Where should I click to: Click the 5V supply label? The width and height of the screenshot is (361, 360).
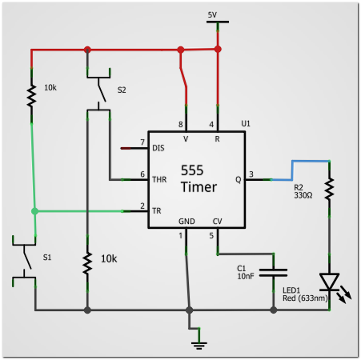pyautogui.click(x=212, y=15)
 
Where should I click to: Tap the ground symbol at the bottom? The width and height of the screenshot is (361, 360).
pyautogui.click(x=199, y=346)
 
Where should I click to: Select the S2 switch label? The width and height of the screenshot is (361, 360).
pyautogui.click(x=122, y=90)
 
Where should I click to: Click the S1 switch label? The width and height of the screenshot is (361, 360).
pyautogui.click(x=47, y=258)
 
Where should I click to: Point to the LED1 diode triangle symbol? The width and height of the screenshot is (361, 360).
pyautogui.click(x=329, y=282)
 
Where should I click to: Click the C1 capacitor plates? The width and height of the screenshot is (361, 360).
pyautogui.click(x=273, y=273)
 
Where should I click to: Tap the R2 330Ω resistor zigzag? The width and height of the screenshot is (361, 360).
pyautogui.click(x=329, y=189)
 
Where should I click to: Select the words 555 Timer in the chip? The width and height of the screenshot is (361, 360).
pyautogui.click(x=199, y=178)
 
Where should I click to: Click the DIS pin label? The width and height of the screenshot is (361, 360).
pyautogui.click(x=158, y=148)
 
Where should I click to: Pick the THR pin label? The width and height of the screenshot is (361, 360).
pyautogui.click(x=159, y=179)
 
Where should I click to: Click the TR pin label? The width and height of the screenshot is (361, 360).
pyautogui.click(x=157, y=211)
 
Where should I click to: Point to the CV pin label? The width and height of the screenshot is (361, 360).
pyautogui.click(x=217, y=222)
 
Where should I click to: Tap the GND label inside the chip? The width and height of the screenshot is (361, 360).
pyautogui.click(x=187, y=222)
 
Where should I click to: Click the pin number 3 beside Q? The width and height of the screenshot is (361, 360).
pyautogui.click(x=251, y=174)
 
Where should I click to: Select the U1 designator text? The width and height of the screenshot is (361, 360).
pyautogui.click(x=246, y=123)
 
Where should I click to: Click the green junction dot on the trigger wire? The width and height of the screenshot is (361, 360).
pyautogui.click(x=34, y=211)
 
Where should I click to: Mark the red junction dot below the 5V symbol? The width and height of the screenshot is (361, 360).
pyautogui.click(x=218, y=49)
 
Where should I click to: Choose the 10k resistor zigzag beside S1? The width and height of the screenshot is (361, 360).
pyautogui.click(x=87, y=263)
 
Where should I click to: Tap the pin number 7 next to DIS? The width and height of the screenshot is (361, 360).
pyautogui.click(x=142, y=142)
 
